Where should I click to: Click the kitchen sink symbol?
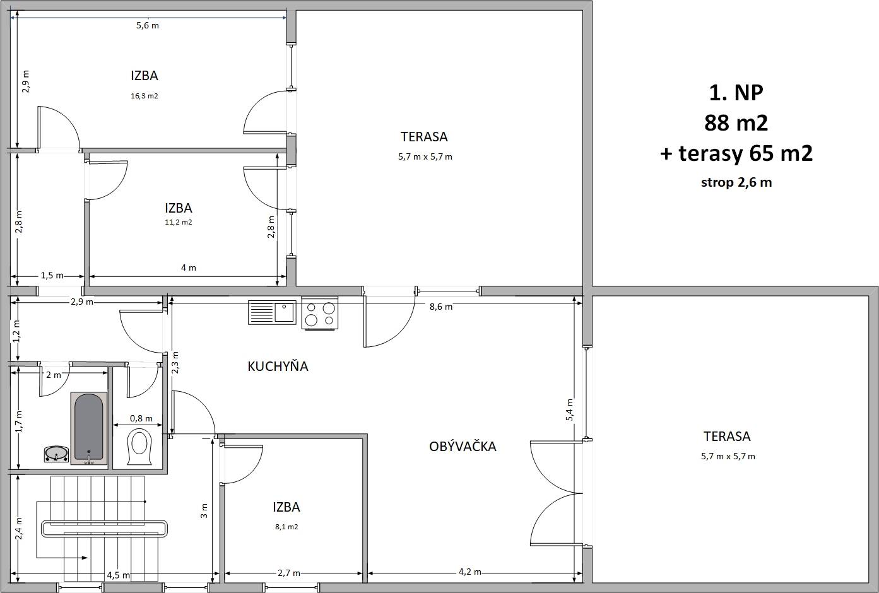click(272, 312)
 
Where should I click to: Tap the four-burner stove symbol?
click(320, 314)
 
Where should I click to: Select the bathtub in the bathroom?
click(89, 428)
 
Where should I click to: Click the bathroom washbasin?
click(56, 454)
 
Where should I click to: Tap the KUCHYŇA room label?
click(278, 367)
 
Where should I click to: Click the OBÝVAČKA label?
click(463, 446)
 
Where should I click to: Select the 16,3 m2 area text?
click(145, 96)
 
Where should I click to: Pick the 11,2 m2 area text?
click(179, 222)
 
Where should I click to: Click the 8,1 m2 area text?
click(286, 527)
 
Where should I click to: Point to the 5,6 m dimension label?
click(148, 25)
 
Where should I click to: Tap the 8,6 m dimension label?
click(440, 307)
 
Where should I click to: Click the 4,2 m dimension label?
click(469, 572)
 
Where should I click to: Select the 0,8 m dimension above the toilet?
click(141, 418)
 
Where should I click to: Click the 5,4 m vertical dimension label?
click(569, 410)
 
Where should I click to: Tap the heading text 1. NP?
click(736, 93)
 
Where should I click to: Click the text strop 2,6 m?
click(736, 182)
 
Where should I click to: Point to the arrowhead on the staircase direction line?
click(85, 558)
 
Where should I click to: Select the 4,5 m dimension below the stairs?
click(119, 575)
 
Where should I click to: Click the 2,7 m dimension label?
click(289, 573)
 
